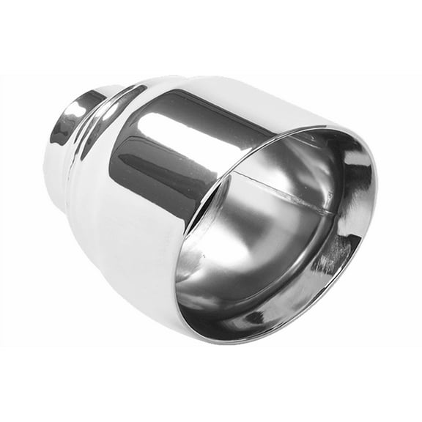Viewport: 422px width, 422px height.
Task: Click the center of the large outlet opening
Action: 275,234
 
